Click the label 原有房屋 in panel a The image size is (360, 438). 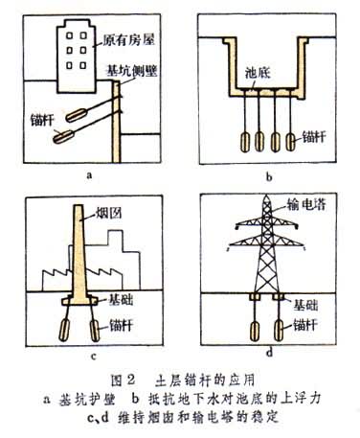128,40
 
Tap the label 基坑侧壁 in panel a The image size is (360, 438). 131,70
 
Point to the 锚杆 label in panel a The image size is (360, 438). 42,120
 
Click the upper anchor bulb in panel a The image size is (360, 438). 77,115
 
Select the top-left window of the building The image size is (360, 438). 70,35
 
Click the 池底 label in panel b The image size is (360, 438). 258,73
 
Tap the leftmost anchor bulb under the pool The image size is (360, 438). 245,142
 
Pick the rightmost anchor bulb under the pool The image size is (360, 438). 291,142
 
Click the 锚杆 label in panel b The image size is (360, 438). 314,137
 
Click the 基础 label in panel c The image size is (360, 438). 121,300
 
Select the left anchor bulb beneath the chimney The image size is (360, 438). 64,330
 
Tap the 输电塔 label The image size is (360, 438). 306,204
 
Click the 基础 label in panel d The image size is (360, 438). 305,305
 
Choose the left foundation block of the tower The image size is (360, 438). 255,297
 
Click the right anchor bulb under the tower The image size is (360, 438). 279,331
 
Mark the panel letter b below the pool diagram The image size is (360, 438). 269,177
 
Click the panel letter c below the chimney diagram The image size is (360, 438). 94,357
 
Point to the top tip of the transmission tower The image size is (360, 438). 267,195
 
